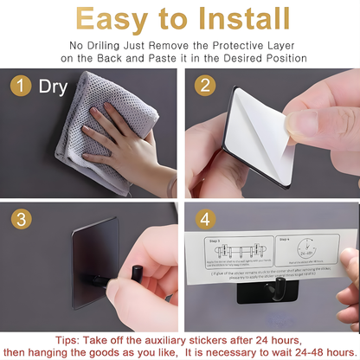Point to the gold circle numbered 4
205,220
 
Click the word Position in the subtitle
280,58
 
